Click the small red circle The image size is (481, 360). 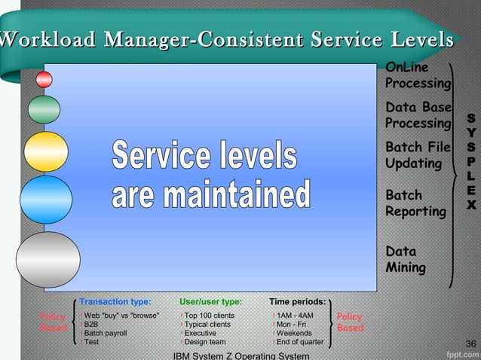[44, 79]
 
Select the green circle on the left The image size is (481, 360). [44, 110]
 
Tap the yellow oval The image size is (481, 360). [45, 151]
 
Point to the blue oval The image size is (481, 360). [45, 199]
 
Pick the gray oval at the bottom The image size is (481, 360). [47, 259]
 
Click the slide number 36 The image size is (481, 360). [471, 344]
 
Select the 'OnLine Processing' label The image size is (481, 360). [418, 75]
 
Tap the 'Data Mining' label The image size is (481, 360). [406, 259]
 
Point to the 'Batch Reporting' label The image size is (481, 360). [415, 203]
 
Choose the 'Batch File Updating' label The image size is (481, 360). [417, 154]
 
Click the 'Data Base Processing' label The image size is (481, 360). [418, 114]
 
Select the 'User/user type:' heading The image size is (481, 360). [210, 302]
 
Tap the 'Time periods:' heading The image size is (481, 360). [297, 302]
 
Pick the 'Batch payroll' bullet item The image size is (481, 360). [106, 333]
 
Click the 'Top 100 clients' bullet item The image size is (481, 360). [209, 316]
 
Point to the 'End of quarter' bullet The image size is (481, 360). [299, 342]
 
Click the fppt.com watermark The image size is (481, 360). [459, 352]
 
